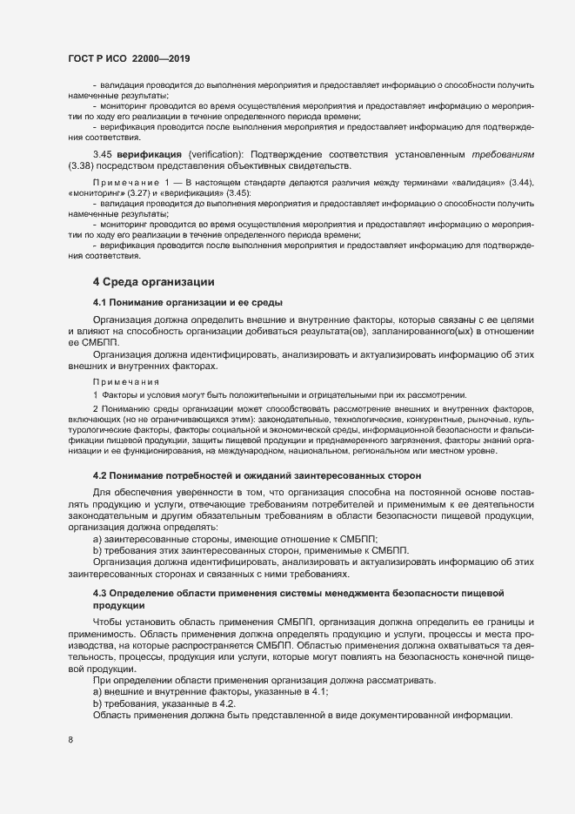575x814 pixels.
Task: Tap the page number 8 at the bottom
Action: click(70, 740)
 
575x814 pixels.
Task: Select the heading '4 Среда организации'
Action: click(148, 282)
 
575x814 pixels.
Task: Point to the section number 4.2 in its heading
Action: click(100, 475)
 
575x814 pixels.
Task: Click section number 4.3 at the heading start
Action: click(100, 593)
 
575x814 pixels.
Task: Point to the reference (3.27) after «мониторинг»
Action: click(135, 192)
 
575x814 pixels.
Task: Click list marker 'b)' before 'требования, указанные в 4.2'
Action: click(97, 703)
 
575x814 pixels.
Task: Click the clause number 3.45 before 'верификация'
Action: click(103, 154)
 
